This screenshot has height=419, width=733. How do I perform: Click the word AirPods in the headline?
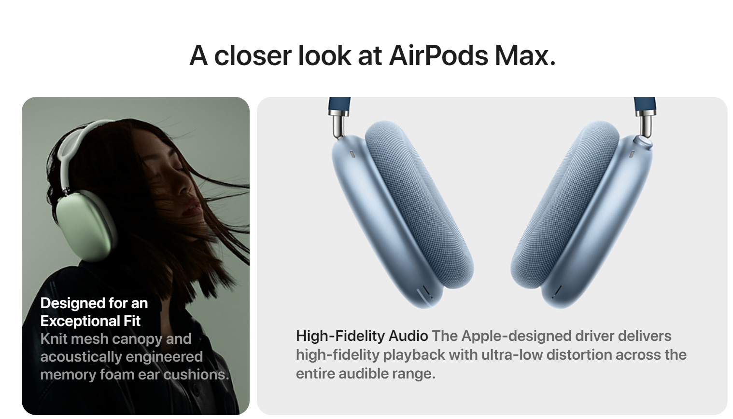[x=438, y=55]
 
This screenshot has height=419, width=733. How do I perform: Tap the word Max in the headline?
[x=525, y=55]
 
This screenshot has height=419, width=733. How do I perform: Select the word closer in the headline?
[x=253, y=55]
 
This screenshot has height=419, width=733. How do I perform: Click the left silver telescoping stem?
[x=338, y=122]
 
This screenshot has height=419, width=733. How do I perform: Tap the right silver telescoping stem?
[x=645, y=122]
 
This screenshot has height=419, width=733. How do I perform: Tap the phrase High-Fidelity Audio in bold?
[x=362, y=337]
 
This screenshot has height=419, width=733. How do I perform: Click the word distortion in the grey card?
[x=579, y=355]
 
